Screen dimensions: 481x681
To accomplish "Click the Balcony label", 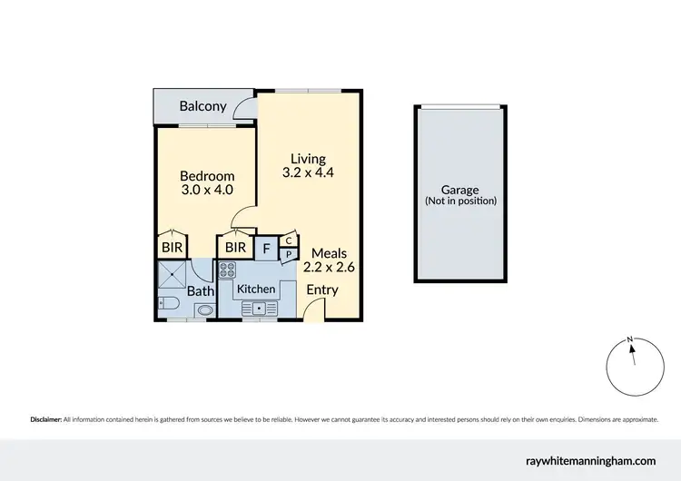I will click(202, 106).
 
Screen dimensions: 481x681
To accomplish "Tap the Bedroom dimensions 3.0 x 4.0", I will click(207, 190).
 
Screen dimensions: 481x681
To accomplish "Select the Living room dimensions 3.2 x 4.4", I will click(309, 172).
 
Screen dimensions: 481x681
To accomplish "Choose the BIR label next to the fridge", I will click(235, 247).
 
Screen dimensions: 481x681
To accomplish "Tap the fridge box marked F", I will click(266, 247).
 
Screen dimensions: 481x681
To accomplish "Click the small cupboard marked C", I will click(288, 240).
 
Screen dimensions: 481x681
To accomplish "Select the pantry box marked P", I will click(288, 254).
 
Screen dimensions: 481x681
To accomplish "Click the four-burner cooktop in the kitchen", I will click(227, 270).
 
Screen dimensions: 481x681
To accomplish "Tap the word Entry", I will click(322, 290).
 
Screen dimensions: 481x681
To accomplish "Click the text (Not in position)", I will click(460, 201).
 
